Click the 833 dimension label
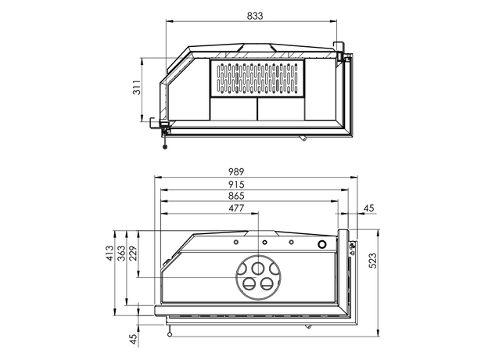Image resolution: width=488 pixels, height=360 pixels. tap(255, 16)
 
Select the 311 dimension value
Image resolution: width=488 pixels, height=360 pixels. tap(137, 87)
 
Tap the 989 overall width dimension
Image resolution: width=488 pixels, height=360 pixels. tap(236, 171)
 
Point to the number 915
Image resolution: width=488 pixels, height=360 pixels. tap(236, 185)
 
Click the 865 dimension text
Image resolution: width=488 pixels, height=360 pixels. tap(236, 196)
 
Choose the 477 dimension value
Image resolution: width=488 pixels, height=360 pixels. tap(236, 208)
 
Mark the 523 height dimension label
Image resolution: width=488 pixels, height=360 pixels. tap(372, 261)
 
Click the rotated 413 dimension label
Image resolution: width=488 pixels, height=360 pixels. tap(109, 253)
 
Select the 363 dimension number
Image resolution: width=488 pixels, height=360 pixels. tap(121, 253)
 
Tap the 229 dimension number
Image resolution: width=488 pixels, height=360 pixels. tap(133, 253)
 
